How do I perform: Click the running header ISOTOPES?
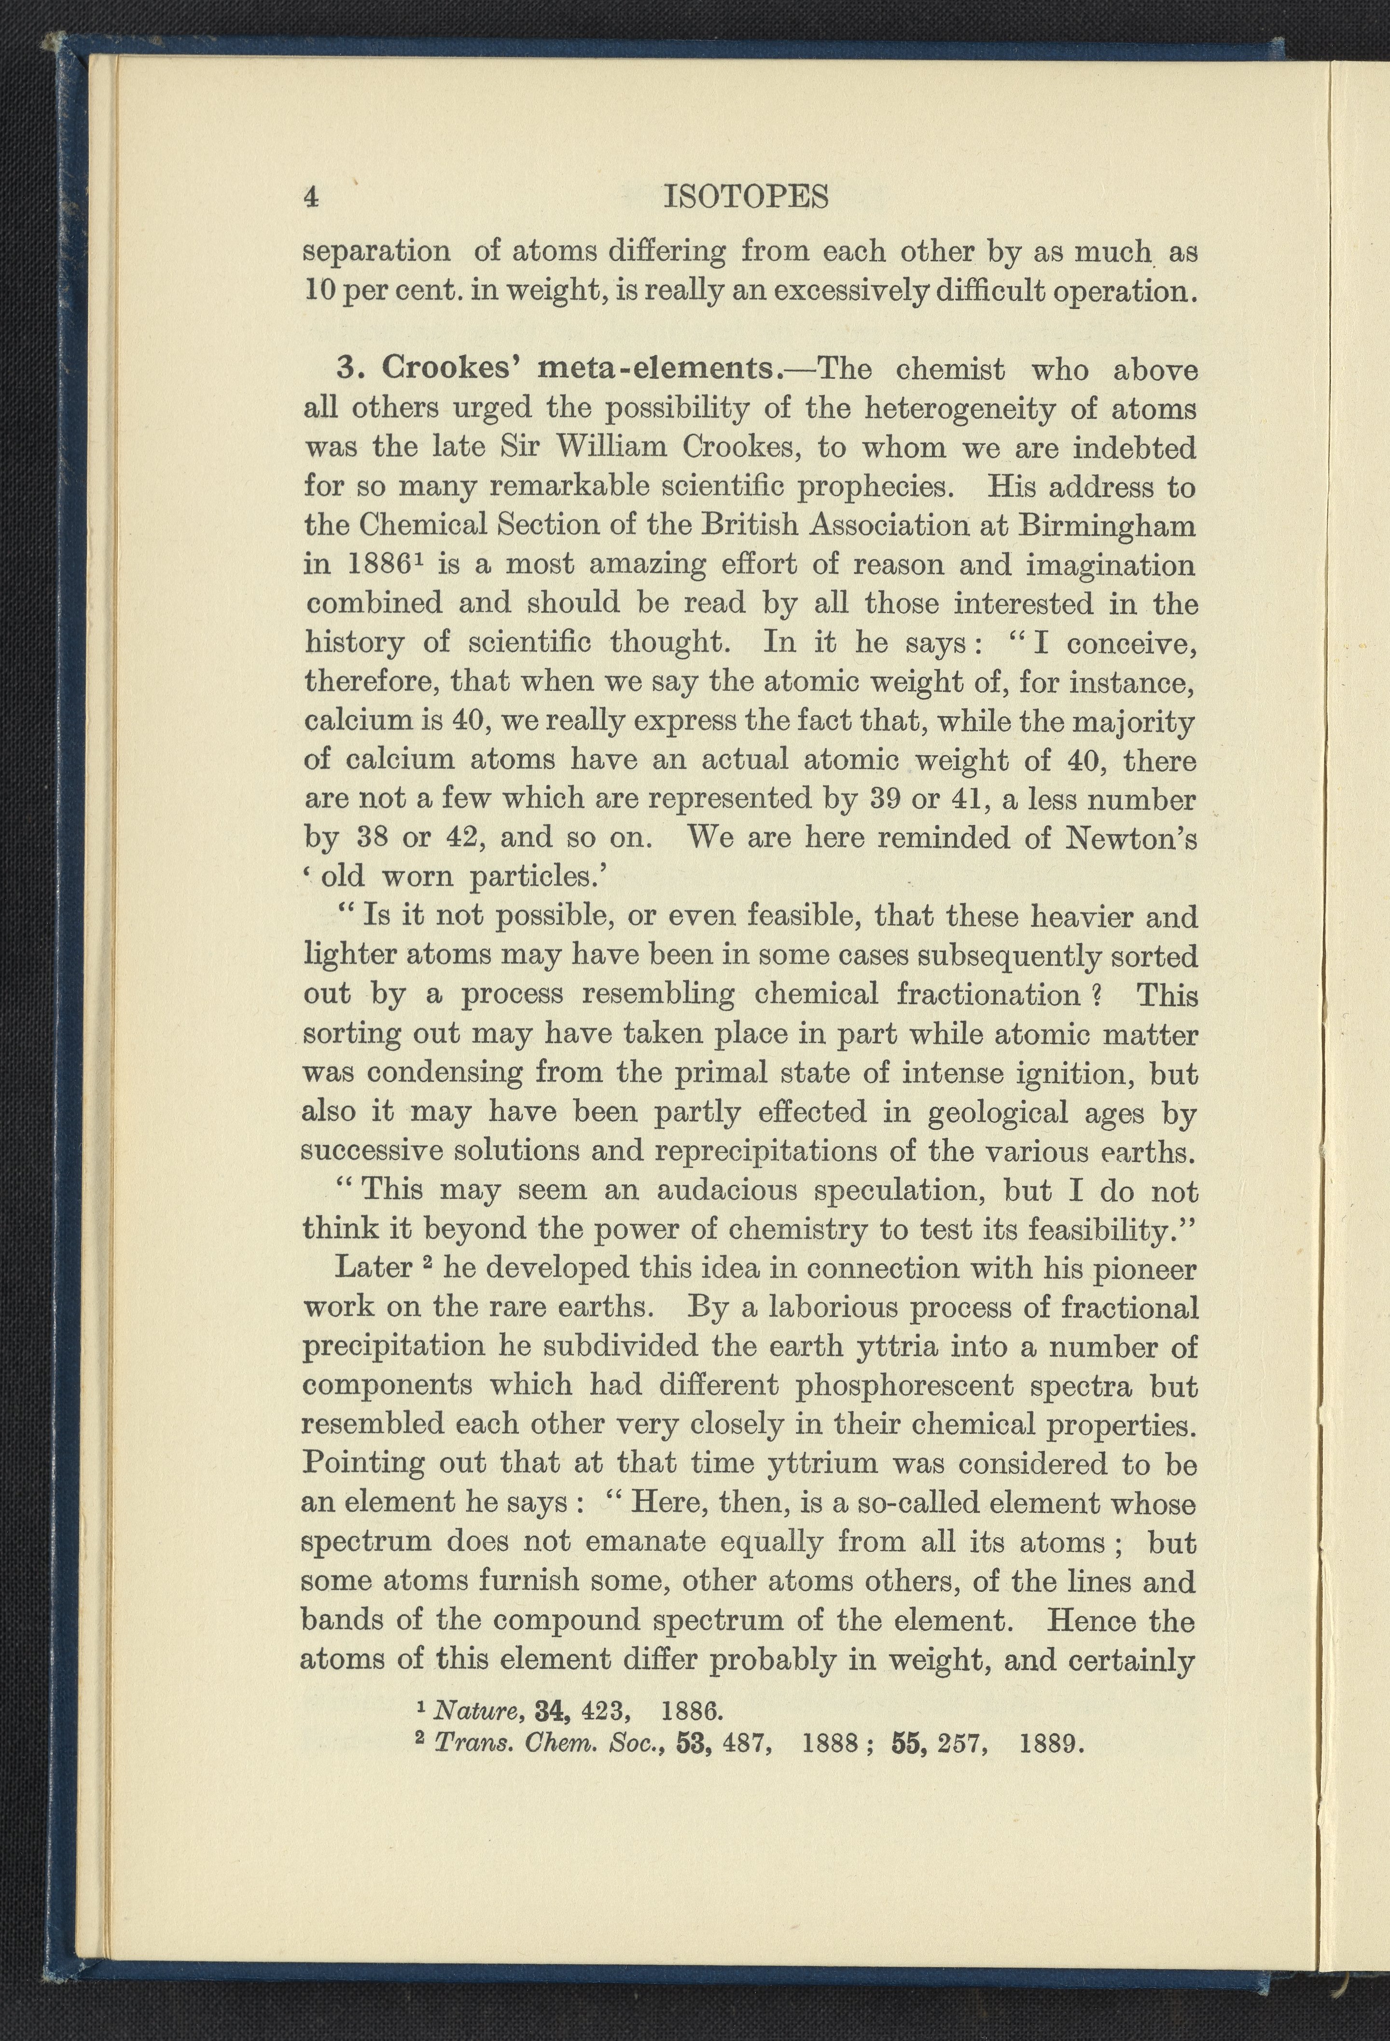tap(746, 197)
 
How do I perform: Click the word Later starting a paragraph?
tap(373, 1268)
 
